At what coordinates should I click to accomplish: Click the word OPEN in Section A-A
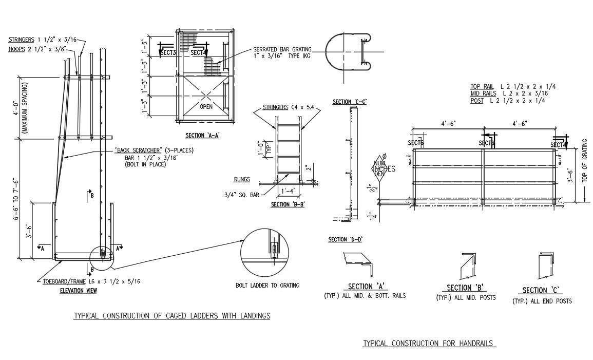[x=206, y=107]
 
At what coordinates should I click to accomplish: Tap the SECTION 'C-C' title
[x=349, y=102]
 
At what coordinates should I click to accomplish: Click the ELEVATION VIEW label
[x=78, y=291]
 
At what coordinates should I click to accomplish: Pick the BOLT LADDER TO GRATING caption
[x=267, y=285]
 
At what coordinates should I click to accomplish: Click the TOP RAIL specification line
[x=513, y=86]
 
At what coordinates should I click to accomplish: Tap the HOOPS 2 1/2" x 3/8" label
[x=40, y=49]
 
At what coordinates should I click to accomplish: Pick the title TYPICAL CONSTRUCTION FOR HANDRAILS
[x=429, y=343]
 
